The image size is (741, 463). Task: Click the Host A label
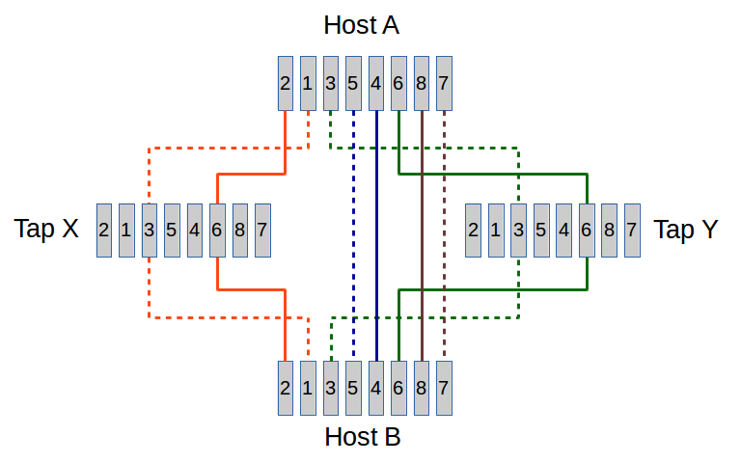click(361, 25)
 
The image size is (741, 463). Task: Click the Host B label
click(362, 437)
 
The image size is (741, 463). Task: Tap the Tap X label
click(46, 230)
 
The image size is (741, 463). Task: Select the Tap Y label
click(685, 230)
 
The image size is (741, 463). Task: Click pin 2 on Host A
click(285, 83)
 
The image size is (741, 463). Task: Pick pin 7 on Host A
click(443, 83)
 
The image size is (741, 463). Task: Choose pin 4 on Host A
click(375, 83)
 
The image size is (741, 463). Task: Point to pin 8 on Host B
click(421, 388)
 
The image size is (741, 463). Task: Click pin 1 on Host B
click(307, 388)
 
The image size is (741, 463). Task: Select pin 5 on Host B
click(352, 388)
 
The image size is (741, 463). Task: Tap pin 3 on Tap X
click(149, 231)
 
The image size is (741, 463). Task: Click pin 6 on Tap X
click(216, 231)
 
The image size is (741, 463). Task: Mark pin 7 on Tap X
click(261, 231)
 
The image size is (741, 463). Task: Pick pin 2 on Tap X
click(103, 231)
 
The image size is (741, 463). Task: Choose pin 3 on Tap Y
click(518, 231)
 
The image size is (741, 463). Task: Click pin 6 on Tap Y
click(586, 231)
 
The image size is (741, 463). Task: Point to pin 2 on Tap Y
click(473, 231)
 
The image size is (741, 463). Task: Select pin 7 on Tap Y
click(631, 231)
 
